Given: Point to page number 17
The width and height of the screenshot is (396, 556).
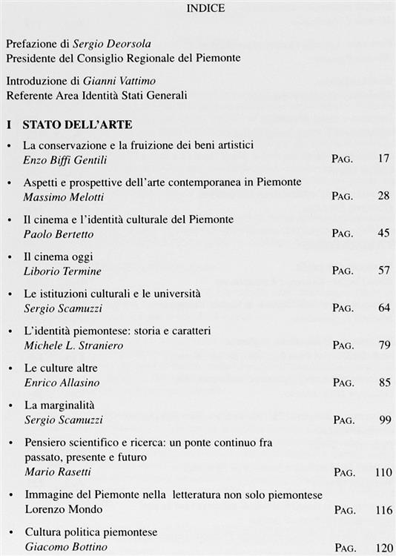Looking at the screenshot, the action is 383,158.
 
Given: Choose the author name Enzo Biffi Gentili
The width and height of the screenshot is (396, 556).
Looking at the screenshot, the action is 65,159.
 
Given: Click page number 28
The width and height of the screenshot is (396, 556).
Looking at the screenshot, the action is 383,196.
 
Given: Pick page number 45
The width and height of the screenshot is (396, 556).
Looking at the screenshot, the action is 383,234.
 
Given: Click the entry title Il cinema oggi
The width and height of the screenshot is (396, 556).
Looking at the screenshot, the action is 56,257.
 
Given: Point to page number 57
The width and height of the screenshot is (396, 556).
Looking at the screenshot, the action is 383,271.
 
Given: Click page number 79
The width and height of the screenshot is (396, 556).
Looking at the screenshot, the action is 383,345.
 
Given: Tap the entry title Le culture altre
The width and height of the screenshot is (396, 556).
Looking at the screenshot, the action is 61,368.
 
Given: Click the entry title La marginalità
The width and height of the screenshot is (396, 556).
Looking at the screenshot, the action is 59,405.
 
